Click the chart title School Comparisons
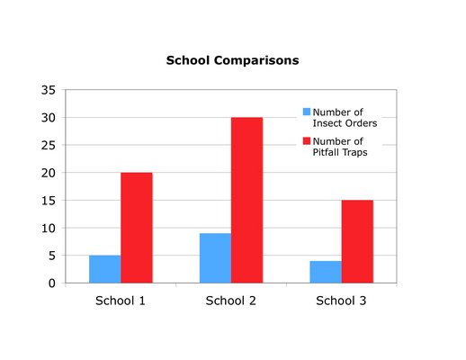(x=232, y=60)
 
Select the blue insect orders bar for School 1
(x=105, y=269)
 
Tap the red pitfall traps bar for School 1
(x=137, y=228)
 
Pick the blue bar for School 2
(x=215, y=258)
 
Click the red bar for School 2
(x=246, y=200)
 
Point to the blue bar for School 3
(x=326, y=272)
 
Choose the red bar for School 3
(x=357, y=241)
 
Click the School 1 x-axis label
(x=121, y=301)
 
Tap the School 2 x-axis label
(x=231, y=301)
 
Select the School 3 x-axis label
(x=341, y=301)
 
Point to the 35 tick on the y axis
(x=49, y=90)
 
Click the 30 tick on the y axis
(x=49, y=118)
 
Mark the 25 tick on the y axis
(x=49, y=145)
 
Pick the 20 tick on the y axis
(x=49, y=173)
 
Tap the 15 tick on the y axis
(x=49, y=201)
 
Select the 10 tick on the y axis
(x=49, y=229)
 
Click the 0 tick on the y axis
(x=52, y=283)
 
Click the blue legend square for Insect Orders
(x=307, y=112)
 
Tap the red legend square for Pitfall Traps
(x=307, y=140)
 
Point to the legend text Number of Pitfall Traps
(x=340, y=147)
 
